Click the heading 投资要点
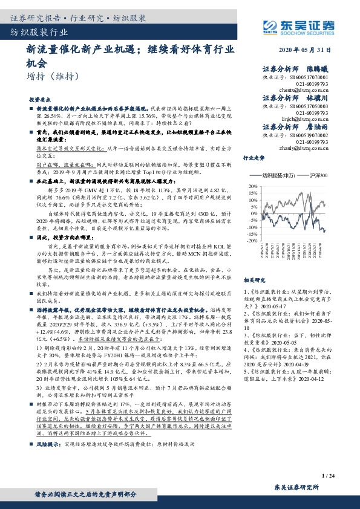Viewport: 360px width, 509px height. pyautogui.click(x=40, y=98)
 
